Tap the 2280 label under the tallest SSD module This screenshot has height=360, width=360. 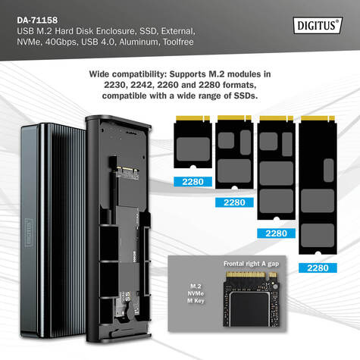point(318,268)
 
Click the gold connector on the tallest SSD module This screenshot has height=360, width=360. point(318,118)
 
